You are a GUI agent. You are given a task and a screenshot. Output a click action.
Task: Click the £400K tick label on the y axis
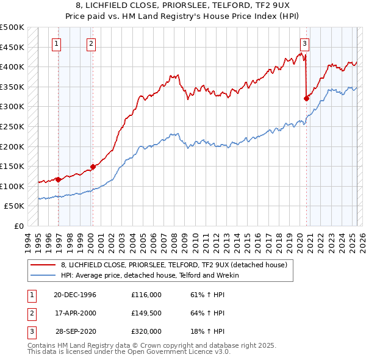12,67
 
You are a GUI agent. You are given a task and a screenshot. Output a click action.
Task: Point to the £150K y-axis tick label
12,166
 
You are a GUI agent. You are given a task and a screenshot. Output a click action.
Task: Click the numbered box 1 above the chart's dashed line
56,43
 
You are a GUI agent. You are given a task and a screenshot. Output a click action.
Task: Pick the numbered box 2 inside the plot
91,43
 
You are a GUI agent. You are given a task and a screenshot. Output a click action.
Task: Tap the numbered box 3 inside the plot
304,43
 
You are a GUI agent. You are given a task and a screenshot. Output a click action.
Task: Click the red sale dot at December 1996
59,179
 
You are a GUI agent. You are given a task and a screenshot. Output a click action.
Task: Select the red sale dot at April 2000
93,166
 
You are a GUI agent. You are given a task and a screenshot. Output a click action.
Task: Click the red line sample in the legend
43,265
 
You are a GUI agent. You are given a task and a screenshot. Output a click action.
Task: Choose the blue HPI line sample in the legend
43,276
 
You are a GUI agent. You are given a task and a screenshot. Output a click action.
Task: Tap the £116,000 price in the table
146,295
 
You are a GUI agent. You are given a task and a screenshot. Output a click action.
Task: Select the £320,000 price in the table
146,331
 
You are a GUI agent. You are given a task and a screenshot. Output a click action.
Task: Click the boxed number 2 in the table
31,313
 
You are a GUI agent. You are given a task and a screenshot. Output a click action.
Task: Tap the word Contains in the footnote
43,345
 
